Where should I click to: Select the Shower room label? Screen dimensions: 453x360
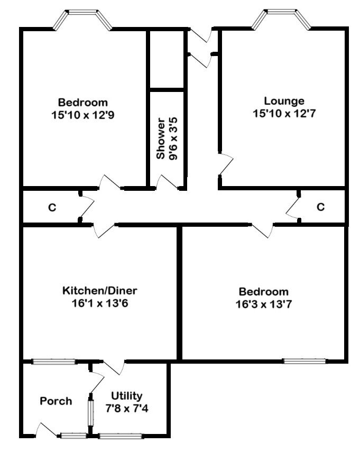point(160,138)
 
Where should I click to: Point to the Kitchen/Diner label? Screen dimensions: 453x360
point(100,291)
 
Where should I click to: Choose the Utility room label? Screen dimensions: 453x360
point(126,396)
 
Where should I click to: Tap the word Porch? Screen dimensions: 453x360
point(56,401)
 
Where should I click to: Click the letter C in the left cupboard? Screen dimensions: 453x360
point(52,208)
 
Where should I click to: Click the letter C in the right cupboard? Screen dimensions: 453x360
point(320,207)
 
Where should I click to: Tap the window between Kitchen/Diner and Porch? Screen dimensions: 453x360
point(54,362)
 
